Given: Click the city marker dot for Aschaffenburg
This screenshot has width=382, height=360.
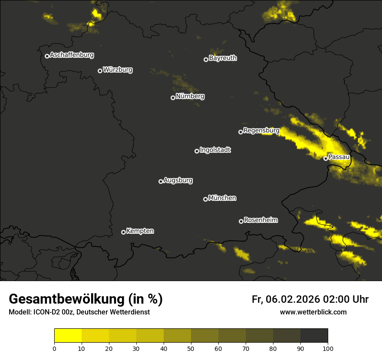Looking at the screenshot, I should [x=47, y=56].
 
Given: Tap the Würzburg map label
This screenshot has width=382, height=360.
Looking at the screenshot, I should [x=118, y=69].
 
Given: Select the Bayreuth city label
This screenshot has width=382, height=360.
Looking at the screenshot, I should [x=223, y=58].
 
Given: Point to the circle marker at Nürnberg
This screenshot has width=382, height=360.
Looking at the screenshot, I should [x=173, y=98].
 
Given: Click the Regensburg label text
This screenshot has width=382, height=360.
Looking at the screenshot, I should [x=261, y=130].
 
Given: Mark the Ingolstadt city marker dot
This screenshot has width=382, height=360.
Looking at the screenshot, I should [x=197, y=151].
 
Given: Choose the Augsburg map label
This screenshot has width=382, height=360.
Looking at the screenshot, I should [x=178, y=180].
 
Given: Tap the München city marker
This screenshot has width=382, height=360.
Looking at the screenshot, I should [x=205, y=199].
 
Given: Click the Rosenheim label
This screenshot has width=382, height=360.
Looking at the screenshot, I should [x=260, y=220].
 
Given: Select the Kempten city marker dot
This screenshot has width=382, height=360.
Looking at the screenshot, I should [x=123, y=232].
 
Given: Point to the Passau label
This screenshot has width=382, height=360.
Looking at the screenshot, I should [x=339, y=157].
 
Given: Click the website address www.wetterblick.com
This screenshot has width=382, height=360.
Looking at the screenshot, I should [x=313, y=312].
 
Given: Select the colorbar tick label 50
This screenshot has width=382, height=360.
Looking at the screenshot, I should [x=191, y=348].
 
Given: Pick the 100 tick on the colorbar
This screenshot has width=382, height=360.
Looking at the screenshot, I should [x=328, y=348].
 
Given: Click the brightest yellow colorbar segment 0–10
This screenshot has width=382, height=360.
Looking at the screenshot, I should [x=68, y=336].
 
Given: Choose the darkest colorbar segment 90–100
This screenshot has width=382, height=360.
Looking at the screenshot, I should [x=314, y=336].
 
